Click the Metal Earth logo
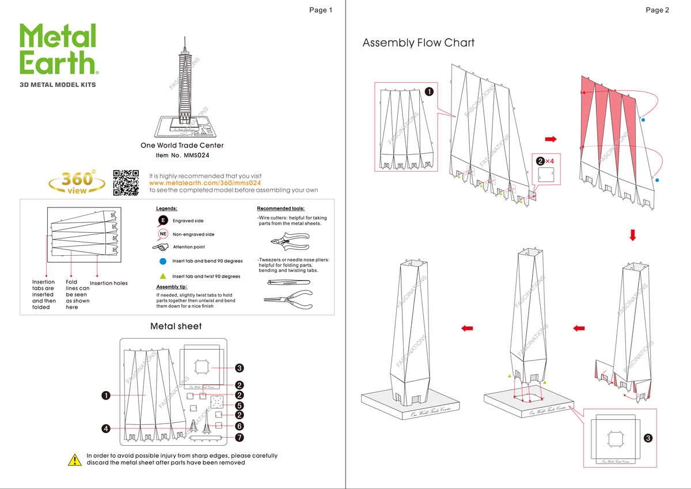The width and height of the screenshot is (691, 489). tap(58, 51)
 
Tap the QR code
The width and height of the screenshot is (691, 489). tap(126, 183)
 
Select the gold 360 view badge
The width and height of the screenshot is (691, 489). tap(77, 181)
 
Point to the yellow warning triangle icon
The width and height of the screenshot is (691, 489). tap(75, 459)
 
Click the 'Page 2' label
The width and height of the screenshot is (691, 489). tap(657, 10)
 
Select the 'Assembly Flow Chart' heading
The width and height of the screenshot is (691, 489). tap(418, 43)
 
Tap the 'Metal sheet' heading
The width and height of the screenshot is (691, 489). tap(176, 326)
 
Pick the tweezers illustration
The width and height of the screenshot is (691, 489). tap(288, 282)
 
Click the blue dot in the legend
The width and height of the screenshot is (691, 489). tap(163, 261)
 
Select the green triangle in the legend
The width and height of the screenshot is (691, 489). tap(163, 276)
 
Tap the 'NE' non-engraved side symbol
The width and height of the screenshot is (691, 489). tap(163, 234)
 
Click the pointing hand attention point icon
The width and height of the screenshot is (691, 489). tap(161, 247)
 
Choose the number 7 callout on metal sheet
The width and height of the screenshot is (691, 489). tap(240, 437)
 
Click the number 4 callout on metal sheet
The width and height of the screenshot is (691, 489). tap(106, 429)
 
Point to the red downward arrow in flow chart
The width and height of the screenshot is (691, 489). tap(632, 235)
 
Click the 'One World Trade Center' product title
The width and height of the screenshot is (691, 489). tap(182, 146)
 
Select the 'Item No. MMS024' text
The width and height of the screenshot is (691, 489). tap(182, 156)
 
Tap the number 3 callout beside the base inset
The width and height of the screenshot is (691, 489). tap(648, 438)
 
